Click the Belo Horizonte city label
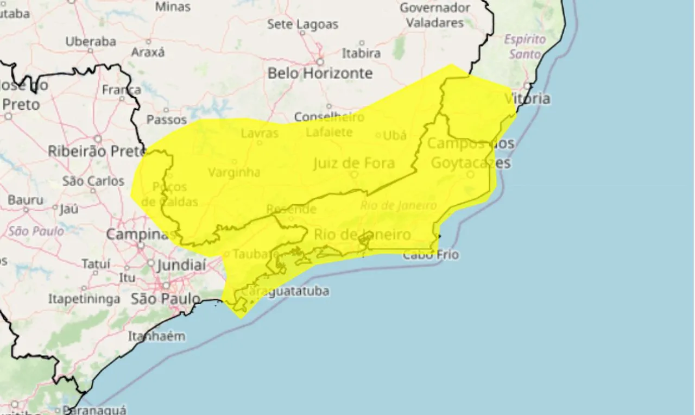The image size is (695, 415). [x=320, y=73]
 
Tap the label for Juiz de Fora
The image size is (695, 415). [x=353, y=163]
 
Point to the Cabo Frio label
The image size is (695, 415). [x=431, y=254]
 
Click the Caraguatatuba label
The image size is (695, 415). [x=286, y=291]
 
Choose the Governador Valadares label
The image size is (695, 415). [x=435, y=15]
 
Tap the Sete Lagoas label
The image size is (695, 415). [x=302, y=24]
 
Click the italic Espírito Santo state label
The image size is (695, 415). [x=525, y=47]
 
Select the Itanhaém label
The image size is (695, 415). [x=156, y=336]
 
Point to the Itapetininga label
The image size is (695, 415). [x=84, y=299]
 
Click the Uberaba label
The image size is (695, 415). [x=91, y=41]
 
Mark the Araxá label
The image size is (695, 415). [x=148, y=53]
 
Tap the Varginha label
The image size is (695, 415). [x=234, y=173]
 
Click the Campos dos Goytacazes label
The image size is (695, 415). [x=470, y=153]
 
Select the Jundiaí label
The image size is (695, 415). [x=182, y=266]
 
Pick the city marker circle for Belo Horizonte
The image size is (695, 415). [x=320, y=62]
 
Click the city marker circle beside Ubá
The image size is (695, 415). [x=378, y=135]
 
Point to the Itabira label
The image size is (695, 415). [x=361, y=53]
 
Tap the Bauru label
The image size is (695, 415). [x=26, y=200]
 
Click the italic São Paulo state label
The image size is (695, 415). [x=36, y=231]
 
